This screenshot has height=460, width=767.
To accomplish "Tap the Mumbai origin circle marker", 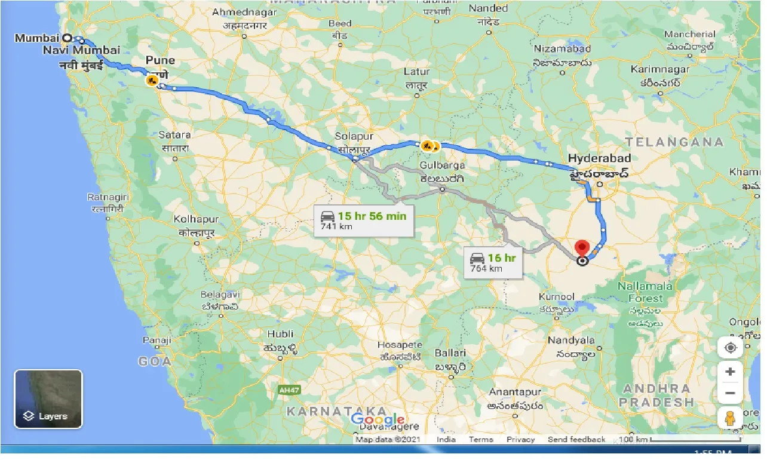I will point(68,38).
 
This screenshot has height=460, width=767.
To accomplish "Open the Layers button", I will point(48,399).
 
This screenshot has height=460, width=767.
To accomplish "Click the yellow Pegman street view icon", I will point(729,419).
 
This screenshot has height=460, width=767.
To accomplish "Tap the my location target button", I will point(730,348).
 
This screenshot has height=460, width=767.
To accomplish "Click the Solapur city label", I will point(354,137).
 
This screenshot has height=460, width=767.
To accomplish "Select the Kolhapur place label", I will point(197,219).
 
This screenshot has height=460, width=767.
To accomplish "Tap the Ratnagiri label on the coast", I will point(106,197).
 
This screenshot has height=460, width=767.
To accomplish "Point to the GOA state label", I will point(155,361).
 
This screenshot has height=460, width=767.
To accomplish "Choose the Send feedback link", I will point(576,440).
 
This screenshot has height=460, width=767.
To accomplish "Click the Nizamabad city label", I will point(563,48).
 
